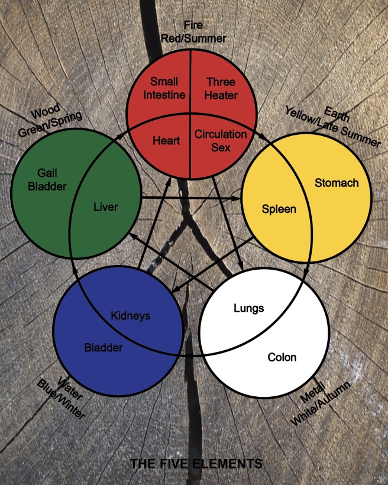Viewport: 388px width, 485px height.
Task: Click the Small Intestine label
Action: point(168,88)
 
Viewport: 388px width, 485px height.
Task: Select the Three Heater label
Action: point(221,88)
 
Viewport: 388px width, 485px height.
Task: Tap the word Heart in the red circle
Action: point(166,141)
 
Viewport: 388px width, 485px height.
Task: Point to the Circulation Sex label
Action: point(221,140)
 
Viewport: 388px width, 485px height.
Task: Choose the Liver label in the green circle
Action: point(106,207)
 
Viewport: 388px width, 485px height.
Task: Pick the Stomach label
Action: point(337,183)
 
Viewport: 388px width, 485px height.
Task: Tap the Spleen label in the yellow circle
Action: point(279,209)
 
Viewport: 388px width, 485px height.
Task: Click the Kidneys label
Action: point(131,315)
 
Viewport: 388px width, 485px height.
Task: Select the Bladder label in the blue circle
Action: point(103,347)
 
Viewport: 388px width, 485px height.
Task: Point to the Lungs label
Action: point(249,308)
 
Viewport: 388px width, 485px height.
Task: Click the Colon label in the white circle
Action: point(282,357)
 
